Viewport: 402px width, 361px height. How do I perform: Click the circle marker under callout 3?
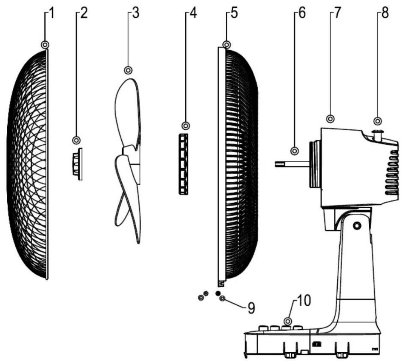click(x=128, y=70)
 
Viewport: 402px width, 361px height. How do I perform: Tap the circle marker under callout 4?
click(x=186, y=126)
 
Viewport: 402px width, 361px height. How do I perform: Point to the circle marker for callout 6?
click(x=294, y=151)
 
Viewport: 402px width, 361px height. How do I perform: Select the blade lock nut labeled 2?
click(x=77, y=164)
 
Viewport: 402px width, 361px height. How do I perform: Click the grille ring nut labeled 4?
click(x=183, y=164)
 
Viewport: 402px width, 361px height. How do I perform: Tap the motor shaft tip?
click(x=276, y=164)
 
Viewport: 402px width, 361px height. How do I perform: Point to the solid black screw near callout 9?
click(x=218, y=293)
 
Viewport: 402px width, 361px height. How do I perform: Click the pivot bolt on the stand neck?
click(x=357, y=225)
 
